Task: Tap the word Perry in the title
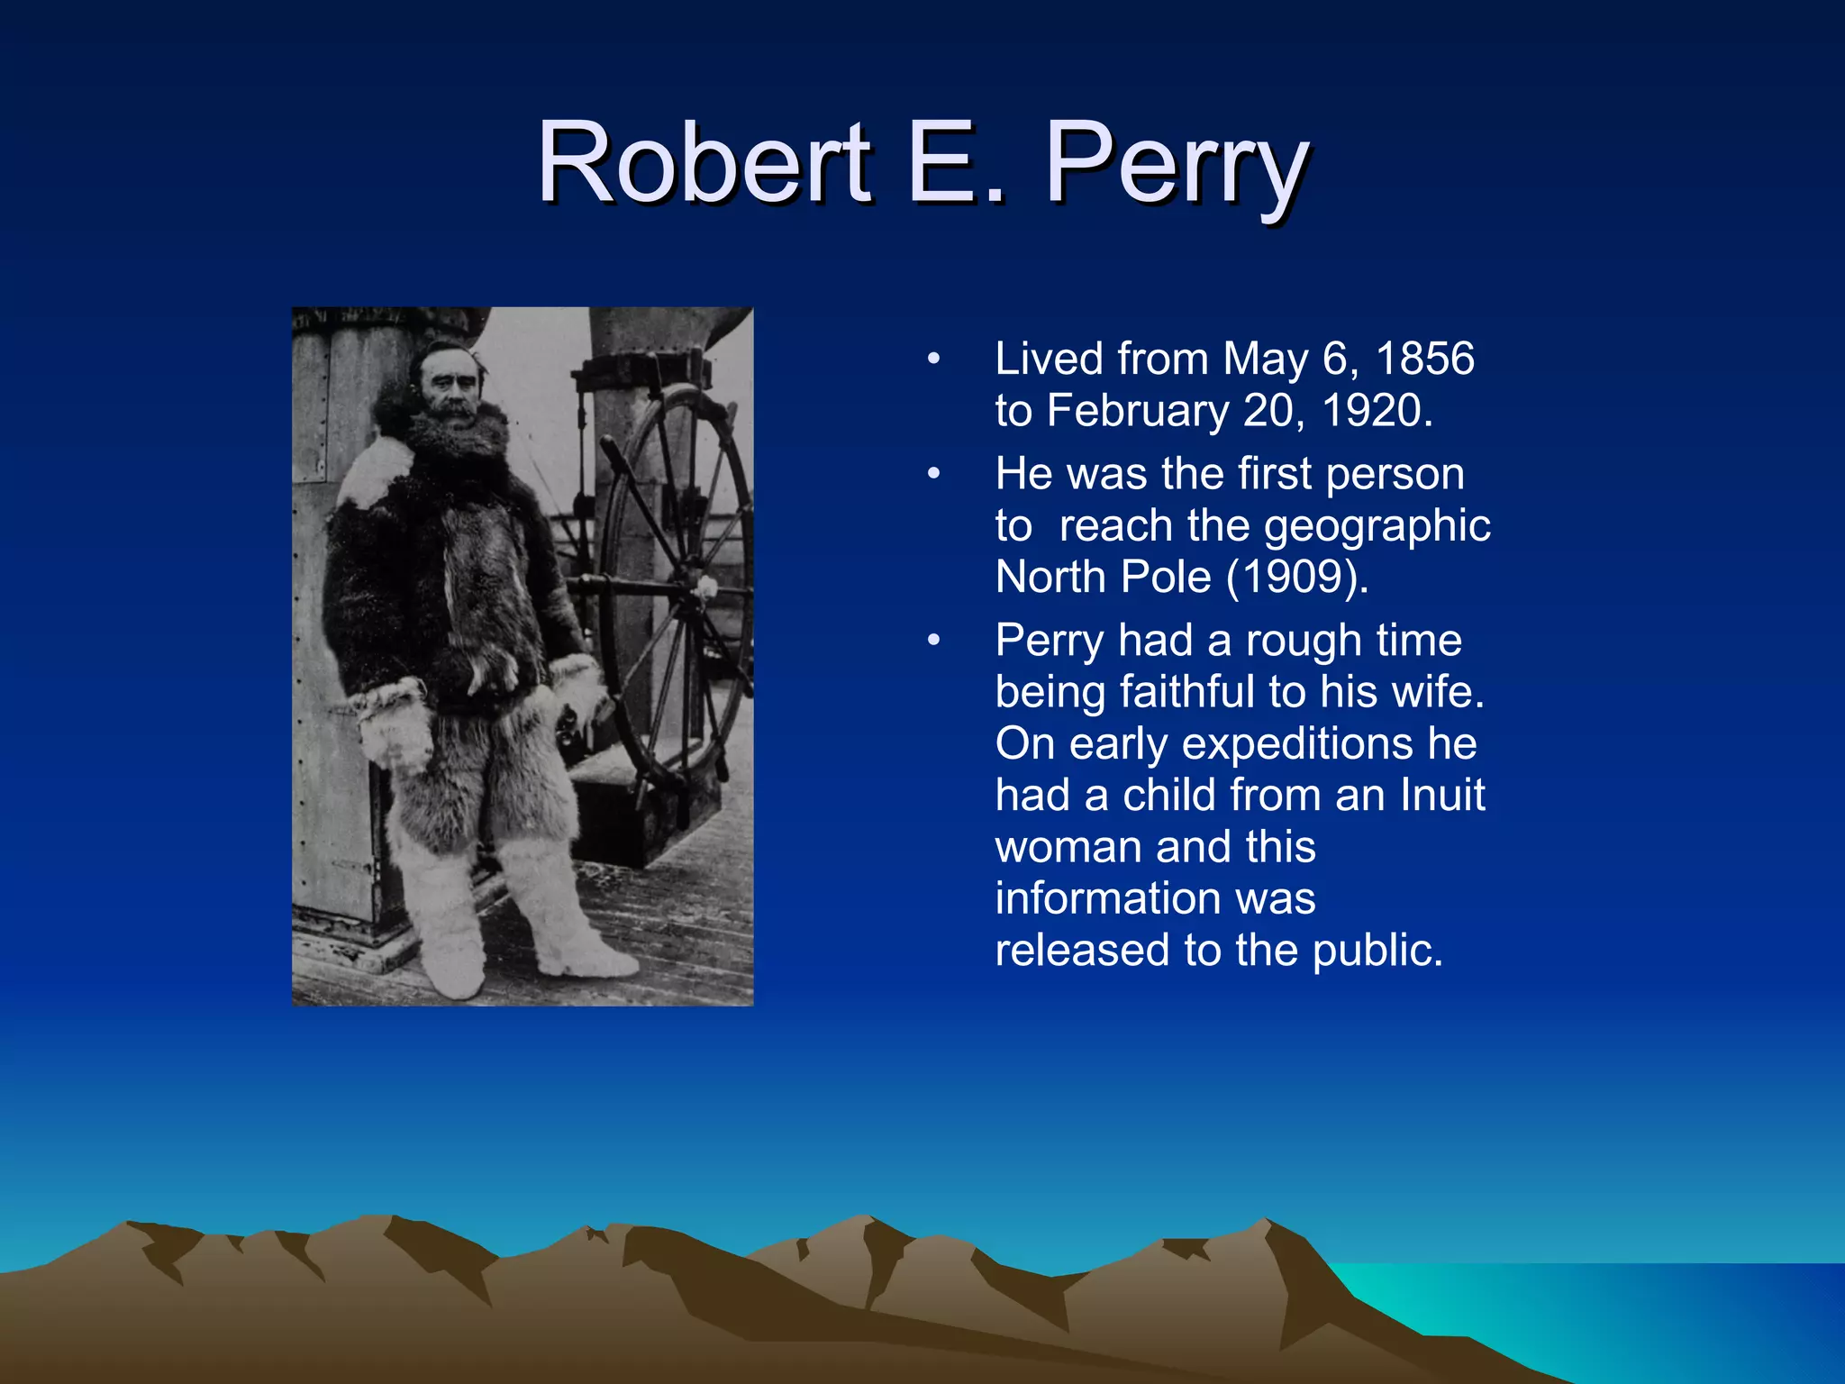pos(1175,167)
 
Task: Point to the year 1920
pos(1375,411)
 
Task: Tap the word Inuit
pos(1442,796)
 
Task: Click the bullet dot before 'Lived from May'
pos(934,360)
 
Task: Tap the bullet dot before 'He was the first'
pos(934,474)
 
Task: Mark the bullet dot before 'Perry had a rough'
pos(934,641)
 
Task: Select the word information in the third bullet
pos(1155,899)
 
